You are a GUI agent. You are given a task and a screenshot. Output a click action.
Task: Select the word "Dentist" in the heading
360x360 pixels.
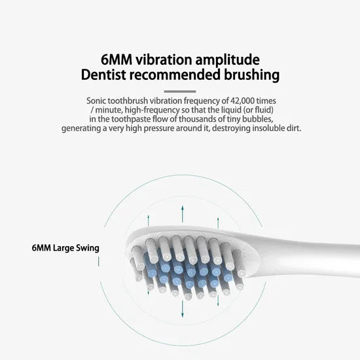[107, 74]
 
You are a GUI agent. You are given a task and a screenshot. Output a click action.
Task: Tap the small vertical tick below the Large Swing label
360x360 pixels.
[98, 262]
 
